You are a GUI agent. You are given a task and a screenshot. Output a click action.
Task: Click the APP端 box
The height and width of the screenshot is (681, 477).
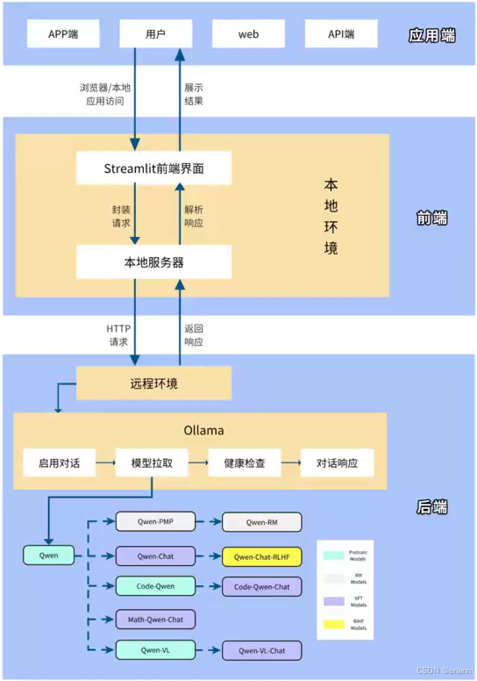click(x=63, y=34)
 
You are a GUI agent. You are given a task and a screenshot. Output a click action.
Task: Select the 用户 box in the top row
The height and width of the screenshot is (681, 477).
click(x=155, y=34)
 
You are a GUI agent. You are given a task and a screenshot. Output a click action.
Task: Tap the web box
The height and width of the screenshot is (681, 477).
click(x=249, y=34)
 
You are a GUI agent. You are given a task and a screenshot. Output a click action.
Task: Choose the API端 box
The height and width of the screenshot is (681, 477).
click(x=341, y=34)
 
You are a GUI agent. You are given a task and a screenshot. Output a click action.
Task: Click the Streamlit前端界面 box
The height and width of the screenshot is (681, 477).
click(x=153, y=168)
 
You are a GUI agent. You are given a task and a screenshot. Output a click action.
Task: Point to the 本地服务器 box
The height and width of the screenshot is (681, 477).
click(x=153, y=262)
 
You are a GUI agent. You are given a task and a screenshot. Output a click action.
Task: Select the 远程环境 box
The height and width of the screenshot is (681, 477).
click(x=153, y=383)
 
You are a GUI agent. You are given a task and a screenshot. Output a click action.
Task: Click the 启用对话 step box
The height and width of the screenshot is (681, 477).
click(x=59, y=462)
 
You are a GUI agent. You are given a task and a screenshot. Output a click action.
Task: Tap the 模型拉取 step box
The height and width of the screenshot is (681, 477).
click(x=153, y=462)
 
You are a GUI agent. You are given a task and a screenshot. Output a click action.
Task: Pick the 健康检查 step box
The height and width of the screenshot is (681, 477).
click(x=245, y=462)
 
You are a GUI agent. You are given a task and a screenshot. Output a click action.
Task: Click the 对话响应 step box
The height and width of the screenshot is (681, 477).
click(x=337, y=462)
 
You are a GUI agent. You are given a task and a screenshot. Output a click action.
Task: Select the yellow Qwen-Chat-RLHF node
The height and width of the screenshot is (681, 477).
click(x=261, y=556)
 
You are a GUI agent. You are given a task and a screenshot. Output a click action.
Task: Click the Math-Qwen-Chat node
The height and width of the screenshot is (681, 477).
click(x=155, y=619)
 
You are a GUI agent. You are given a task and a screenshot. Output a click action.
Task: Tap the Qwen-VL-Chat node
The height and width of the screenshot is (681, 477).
click(x=261, y=650)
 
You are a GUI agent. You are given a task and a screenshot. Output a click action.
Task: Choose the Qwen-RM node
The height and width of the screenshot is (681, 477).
click(x=261, y=523)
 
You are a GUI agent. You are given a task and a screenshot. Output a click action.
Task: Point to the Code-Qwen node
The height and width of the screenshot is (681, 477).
click(x=155, y=586)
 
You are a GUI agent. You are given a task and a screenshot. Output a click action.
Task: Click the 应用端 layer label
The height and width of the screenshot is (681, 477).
click(x=432, y=36)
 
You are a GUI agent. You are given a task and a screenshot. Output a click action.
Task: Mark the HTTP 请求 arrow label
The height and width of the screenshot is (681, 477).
click(x=117, y=335)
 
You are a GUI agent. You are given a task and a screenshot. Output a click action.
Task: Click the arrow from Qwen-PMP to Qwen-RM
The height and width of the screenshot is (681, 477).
click(x=208, y=523)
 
